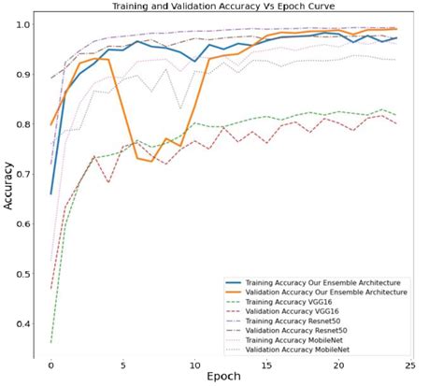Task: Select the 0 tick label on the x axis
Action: (50, 364)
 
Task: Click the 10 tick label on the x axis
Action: (194, 364)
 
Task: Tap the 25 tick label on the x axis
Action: (411, 364)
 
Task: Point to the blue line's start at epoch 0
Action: (50, 193)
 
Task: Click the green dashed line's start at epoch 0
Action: (50, 342)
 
